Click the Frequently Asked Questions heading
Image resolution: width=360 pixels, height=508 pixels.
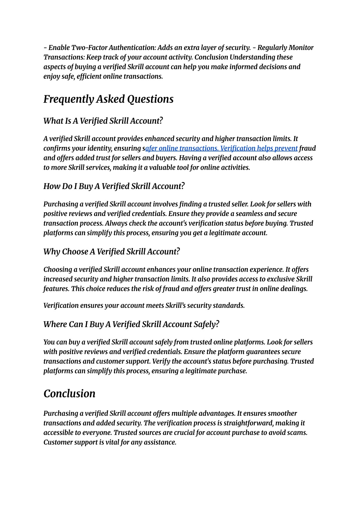tap(108, 99)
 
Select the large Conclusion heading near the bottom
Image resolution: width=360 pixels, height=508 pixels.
tap(69, 393)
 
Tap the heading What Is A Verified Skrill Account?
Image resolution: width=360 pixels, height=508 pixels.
tap(103, 121)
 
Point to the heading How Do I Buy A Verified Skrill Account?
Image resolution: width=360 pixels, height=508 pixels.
tap(114, 186)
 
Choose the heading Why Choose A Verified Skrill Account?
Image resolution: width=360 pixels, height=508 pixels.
tap(111, 252)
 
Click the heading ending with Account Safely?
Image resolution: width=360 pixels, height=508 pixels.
tap(131, 324)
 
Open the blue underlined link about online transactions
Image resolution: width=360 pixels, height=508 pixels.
tap(221, 148)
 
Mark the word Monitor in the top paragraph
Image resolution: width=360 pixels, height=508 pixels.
tap(301, 48)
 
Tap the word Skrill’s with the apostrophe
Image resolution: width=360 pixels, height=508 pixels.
tap(175, 306)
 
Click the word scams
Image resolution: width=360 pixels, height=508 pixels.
tap(298, 433)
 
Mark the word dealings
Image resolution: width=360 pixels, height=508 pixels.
tap(294, 289)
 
